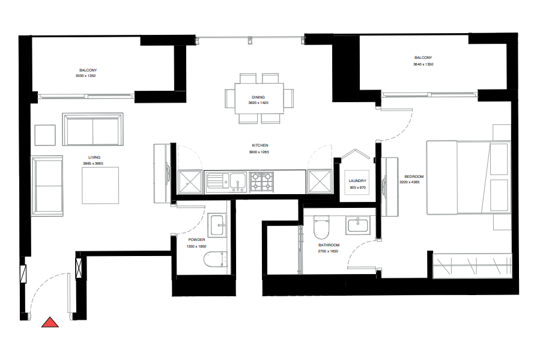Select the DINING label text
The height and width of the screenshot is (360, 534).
click(x=258, y=97)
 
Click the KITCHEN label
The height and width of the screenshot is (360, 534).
click(x=259, y=145)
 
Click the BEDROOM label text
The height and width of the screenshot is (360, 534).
click(x=414, y=177)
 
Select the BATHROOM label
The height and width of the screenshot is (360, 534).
click(x=329, y=245)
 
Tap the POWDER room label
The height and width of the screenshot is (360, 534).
click(x=196, y=239)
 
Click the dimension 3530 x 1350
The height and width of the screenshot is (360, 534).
click(x=85, y=76)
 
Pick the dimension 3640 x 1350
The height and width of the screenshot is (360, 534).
click(x=423, y=64)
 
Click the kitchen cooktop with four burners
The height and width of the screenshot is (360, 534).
click(x=261, y=180)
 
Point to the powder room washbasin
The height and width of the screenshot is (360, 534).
click(x=217, y=225)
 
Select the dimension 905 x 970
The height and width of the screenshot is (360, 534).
click(x=357, y=188)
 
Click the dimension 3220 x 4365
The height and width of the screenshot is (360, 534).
click(x=414, y=182)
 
